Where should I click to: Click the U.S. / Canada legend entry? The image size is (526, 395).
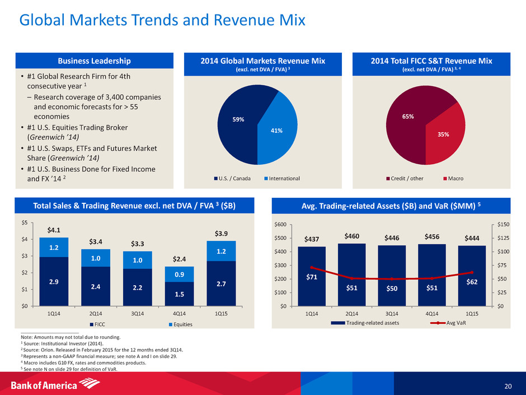tap(229, 178)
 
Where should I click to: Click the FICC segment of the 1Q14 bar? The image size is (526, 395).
tap(54, 281)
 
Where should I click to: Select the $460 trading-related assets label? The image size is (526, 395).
tap(351, 236)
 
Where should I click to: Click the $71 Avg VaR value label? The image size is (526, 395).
tap(312, 277)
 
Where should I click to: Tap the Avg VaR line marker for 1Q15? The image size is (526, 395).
tap(471, 272)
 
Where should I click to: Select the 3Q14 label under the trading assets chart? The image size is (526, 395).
tap(391, 314)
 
